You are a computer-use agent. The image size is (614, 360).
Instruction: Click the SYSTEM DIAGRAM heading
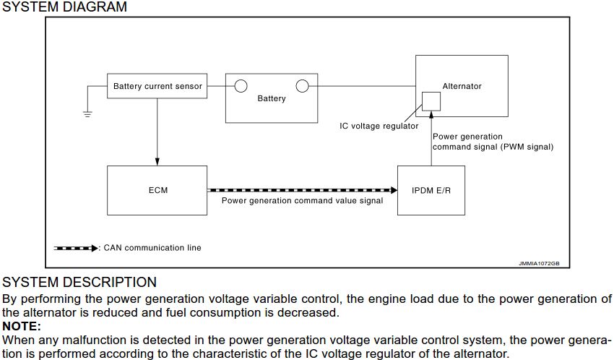[x=64, y=7]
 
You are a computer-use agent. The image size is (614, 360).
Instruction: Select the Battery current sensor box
[x=157, y=86]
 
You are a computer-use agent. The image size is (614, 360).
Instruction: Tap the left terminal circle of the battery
[x=241, y=86]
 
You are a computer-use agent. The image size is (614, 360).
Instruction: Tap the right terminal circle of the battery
[x=302, y=86]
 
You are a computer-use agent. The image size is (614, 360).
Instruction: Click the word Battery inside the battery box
[x=272, y=98]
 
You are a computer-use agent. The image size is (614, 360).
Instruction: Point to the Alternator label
[x=462, y=86]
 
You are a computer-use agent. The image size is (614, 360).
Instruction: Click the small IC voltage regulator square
[x=431, y=100]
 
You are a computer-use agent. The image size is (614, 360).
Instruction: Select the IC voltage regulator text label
[x=379, y=126]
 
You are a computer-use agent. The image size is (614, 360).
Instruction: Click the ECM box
[x=157, y=190]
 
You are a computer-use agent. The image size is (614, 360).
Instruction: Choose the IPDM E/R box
[x=431, y=190]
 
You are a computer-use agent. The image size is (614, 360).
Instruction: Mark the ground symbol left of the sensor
[x=87, y=112]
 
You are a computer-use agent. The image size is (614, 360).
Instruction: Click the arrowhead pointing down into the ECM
[x=157, y=160]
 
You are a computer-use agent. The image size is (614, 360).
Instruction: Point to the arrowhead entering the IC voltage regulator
[x=431, y=114]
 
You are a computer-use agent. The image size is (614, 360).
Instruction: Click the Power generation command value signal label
[x=302, y=201]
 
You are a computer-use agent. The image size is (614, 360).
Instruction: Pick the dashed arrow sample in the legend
[x=76, y=248]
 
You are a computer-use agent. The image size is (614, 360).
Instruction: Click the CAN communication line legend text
[x=152, y=248]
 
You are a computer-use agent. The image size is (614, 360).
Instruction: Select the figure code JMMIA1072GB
[x=539, y=264]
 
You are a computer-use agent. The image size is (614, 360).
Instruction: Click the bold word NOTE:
[x=22, y=326]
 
